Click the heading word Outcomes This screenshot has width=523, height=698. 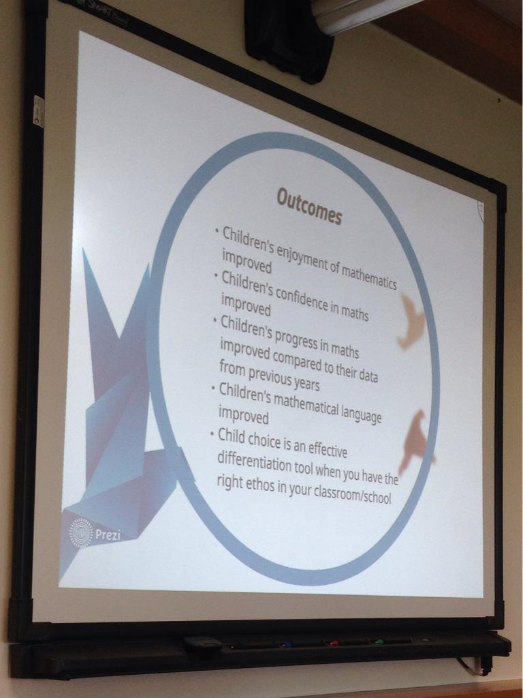pyautogui.click(x=308, y=206)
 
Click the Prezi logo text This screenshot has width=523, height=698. pyautogui.click(x=108, y=534)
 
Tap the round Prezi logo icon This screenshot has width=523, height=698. pyautogui.click(x=81, y=533)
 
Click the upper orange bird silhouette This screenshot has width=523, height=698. pyautogui.click(x=411, y=320)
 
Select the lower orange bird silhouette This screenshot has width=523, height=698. pyautogui.click(x=416, y=440)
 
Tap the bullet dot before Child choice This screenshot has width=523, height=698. pyautogui.click(x=212, y=431)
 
